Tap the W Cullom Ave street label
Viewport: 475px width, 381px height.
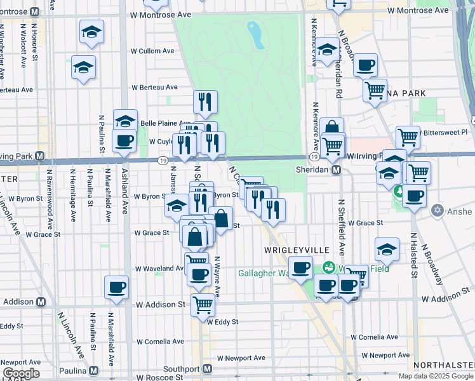point(152,51)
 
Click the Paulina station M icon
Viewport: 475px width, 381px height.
point(93,370)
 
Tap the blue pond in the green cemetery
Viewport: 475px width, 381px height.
point(257,35)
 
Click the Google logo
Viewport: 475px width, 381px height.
point(21,373)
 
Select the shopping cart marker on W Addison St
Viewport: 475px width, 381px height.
point(203,304)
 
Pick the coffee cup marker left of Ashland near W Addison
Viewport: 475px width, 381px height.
point(116,286)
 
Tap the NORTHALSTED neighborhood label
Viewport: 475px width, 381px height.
point(443,365)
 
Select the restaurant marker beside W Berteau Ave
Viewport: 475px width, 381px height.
point(205,101)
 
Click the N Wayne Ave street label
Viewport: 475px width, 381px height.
point(217,276)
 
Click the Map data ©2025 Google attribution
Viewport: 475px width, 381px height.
point(436,376)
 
